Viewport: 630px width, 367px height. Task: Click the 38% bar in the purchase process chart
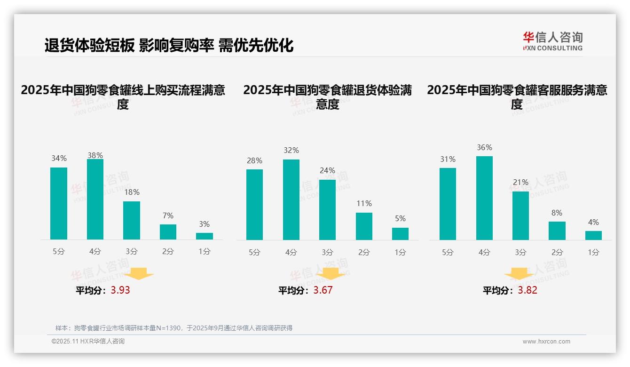pos(95,199)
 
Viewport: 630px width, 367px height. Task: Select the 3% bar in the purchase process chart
pos(205,236)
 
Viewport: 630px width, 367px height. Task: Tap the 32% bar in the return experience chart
pos(291,200)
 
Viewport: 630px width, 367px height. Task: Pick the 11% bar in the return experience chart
pos(364,226)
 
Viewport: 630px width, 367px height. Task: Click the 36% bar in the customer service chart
pos(484,198)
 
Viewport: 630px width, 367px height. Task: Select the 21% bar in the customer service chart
pos(520,215)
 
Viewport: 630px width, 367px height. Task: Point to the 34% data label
pos(59,159)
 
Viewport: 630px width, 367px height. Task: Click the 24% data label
pos(328,171)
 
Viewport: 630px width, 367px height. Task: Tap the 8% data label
pos(557,213)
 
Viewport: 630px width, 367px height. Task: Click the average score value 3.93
pos(120,290)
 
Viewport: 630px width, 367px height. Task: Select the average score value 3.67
pos(323,290)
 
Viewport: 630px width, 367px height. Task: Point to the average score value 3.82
pos(528,290)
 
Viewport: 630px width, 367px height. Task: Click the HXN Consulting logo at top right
pos(552,41)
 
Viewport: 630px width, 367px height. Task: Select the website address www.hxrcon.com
pos(546,342)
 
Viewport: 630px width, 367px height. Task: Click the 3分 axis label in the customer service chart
pos(520,253)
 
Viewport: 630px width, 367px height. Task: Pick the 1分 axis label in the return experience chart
pos(400,253)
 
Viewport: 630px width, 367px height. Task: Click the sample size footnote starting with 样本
pos(174,328)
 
